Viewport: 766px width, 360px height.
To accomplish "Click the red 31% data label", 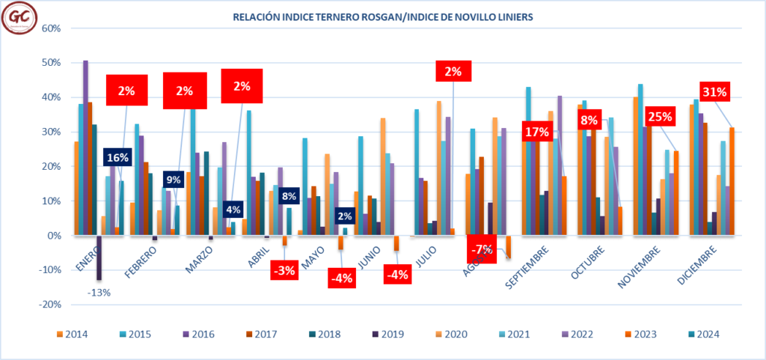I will point(716,93).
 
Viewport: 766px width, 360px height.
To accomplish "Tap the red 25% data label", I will point(661,117).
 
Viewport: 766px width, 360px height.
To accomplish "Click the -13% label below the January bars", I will point(99,293).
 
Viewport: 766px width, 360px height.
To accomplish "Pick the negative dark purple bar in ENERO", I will point(99,257).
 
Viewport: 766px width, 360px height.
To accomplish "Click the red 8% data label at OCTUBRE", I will point(589,119).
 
